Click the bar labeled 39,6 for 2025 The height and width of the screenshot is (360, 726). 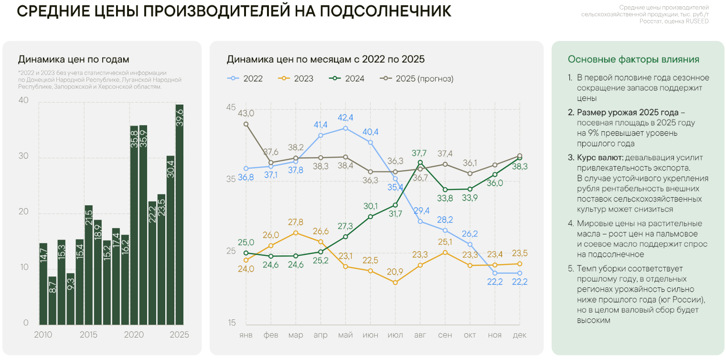[180, 214]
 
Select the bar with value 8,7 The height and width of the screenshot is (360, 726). [52, 300]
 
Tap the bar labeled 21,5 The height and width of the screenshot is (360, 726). [88, 265]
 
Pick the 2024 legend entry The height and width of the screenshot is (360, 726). [347, 79]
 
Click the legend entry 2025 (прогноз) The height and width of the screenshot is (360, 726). [417, 79]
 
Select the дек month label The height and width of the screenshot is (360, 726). [519, 335]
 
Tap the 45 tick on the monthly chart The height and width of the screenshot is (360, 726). [231, 107]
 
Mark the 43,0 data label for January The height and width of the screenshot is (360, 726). [246, 113]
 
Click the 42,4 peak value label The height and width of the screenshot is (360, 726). [345, 117]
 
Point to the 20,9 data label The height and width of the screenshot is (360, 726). [395, 272]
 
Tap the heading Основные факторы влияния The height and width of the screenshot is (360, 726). [633, 60]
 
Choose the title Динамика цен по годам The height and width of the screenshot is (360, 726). [74, 60]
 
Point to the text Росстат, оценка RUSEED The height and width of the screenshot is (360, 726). [674, 21]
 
